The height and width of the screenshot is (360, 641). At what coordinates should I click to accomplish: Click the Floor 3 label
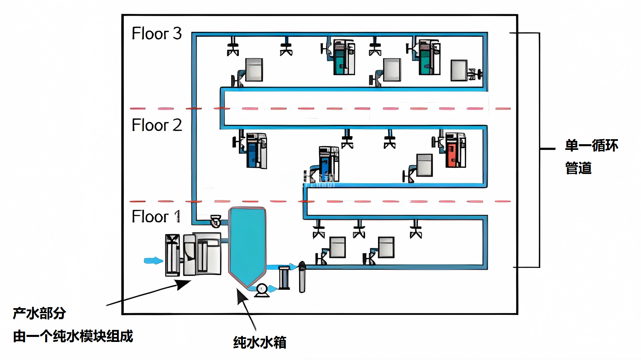157,33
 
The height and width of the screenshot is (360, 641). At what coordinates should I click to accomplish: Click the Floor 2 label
157,125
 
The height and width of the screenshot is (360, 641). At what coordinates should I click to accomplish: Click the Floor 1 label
156,216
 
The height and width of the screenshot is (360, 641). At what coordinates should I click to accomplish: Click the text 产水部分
39,313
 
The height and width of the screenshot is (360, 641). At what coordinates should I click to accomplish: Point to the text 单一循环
591,146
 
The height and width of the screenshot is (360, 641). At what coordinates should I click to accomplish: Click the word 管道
578,168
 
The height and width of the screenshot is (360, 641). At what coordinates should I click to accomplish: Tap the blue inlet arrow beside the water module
153,261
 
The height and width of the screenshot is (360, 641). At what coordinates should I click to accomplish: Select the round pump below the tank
262,290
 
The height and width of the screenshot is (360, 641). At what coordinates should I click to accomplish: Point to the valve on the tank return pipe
215,221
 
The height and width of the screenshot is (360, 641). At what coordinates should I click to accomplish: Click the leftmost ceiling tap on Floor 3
233,47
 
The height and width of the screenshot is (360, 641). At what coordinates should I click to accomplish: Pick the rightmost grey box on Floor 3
459,70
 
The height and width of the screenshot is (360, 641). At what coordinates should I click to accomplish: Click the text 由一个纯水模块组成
73,336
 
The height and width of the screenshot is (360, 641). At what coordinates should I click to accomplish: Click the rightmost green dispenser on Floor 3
429,57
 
